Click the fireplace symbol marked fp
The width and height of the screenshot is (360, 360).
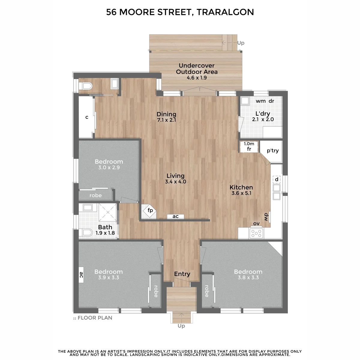[150, 211]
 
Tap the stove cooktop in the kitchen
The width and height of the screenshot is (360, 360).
[256, 233]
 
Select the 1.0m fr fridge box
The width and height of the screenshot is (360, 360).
[249, 147]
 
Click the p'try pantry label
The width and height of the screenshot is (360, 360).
[273, 151]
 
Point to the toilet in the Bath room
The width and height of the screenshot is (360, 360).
[86, 232]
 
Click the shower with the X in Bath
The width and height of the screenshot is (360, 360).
[108, 212]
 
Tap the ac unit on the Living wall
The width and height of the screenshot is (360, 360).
[175, 216]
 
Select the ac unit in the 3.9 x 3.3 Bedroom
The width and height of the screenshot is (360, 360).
[81, 274]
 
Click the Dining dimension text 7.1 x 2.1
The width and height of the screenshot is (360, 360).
[166, 120]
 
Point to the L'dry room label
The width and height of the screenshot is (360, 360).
[263, 114]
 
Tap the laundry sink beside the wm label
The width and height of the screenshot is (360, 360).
[245, 101]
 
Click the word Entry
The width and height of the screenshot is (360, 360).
[182, 274]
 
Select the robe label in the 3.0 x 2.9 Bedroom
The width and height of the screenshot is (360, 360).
[95, 195]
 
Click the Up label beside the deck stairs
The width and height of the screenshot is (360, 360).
[241, 43]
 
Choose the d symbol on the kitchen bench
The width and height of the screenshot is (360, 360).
[277, 179]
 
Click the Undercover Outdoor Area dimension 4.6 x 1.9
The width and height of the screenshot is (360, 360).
[197, 78]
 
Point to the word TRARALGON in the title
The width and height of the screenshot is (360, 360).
[225, 12]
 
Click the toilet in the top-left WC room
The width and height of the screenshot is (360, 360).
[86, 86]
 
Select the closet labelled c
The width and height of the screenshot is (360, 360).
[87, 117]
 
